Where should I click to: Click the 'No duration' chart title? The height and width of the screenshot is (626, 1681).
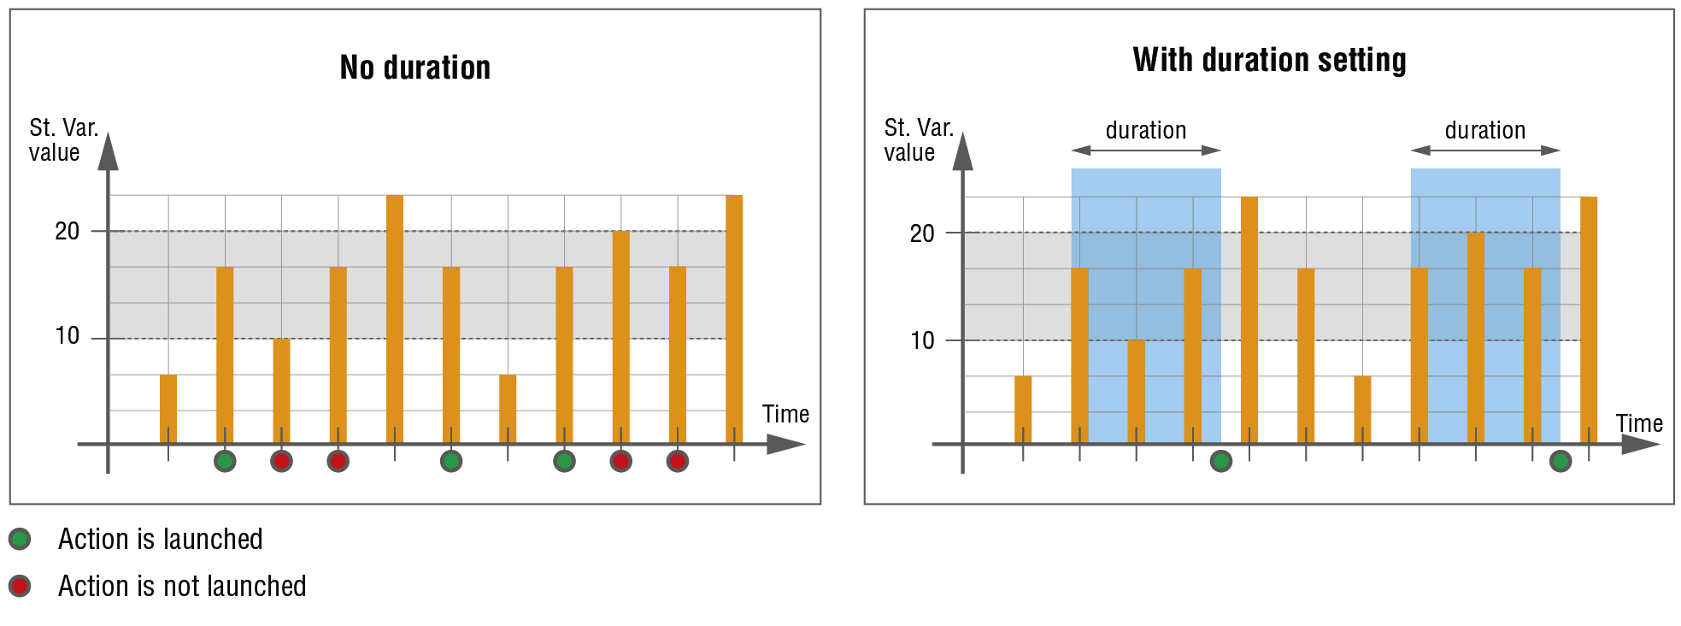[414, 68]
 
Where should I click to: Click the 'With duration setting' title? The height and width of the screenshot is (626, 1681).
[1269, 60]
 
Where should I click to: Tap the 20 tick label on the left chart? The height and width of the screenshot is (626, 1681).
[67, 232]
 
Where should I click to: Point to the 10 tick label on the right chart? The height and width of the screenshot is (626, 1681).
[922, 340]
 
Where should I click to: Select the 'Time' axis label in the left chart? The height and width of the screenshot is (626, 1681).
[785, 414]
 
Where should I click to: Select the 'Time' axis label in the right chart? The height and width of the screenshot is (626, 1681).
[1638, 423]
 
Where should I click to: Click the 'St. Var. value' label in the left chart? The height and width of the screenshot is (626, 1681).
[62, 140]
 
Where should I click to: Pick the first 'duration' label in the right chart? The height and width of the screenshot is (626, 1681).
[1145, 130]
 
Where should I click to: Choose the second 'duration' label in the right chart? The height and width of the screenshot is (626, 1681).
[1484, 130]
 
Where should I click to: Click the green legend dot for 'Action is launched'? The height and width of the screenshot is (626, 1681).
[20, 539]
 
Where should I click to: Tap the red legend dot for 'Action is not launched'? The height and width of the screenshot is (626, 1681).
[20, 586]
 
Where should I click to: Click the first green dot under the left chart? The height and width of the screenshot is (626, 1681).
[225, 461]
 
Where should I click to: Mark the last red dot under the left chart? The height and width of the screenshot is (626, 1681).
[677, 461]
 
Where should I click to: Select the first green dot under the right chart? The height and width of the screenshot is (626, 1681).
[1221, 461]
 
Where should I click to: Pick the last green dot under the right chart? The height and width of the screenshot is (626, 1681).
[1561, 461]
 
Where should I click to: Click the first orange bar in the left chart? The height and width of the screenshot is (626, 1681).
[168, 408]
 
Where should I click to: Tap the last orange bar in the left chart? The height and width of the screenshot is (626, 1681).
[734, 318]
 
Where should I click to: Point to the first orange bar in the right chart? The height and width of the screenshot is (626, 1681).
[1023, 409]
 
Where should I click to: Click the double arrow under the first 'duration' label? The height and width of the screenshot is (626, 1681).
[1145, 151]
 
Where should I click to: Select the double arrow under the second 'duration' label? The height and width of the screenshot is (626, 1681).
[1484, 151]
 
